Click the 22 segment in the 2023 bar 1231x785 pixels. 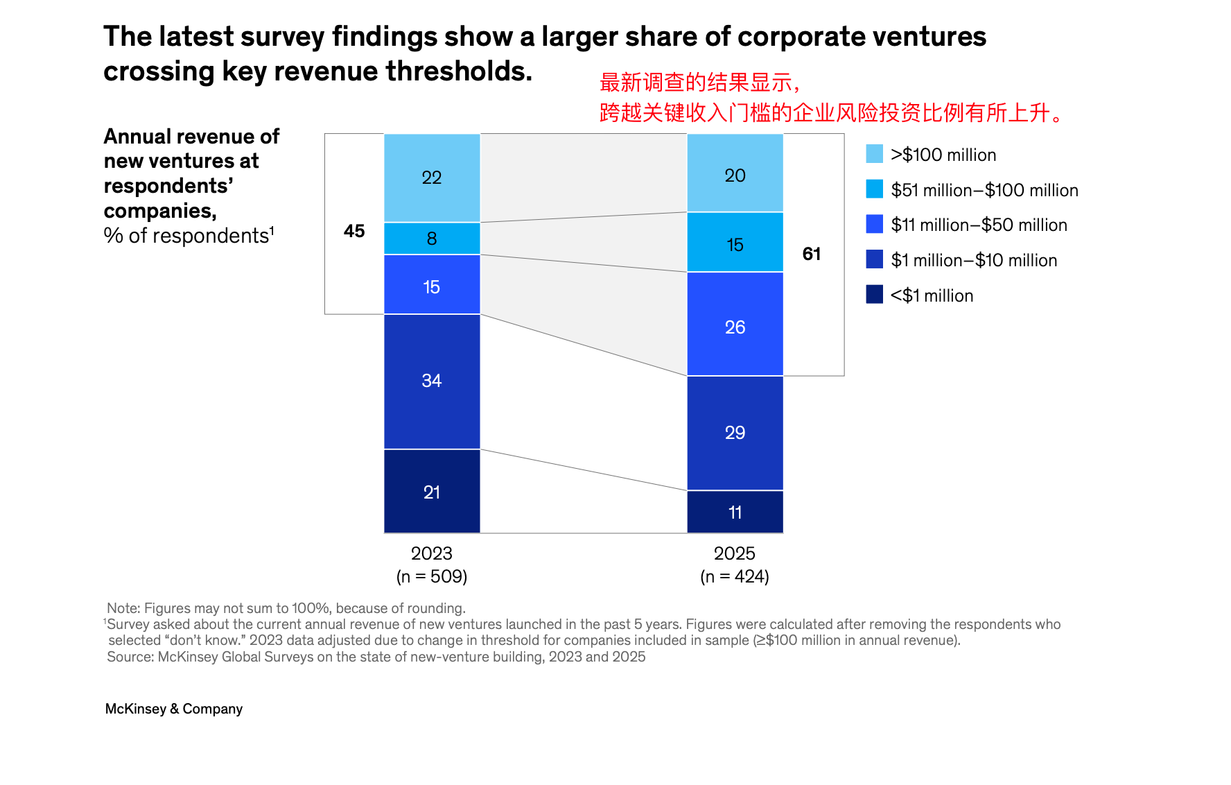tap(432, 178)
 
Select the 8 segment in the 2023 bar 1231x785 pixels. tap(432, 239)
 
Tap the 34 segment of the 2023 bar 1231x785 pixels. tap(432, 381)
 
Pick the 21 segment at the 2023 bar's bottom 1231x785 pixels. tap(432, 492)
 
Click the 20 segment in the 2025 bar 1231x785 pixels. tap(735, 175)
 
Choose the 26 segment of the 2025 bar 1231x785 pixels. tap(735, 327)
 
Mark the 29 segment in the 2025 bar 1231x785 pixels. tap(735, 433)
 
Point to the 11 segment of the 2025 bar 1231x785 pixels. tap(735, 512)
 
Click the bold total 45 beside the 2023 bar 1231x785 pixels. tap(354, 231)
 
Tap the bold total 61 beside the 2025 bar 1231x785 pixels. tap(812, 254)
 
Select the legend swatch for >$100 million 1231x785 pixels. tap(875, 154)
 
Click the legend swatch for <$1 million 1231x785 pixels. tap(875, 295)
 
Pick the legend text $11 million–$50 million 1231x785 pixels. tap(979, 225)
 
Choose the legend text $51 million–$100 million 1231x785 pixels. tap(984, 190)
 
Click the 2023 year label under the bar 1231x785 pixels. tap(431, 553)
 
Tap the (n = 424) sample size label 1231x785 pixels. tap(735, 576)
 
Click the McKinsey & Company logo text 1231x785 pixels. tap(174, 709)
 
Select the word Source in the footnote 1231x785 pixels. tap(130, 657)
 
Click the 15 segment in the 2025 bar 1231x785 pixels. tap(735, 244)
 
